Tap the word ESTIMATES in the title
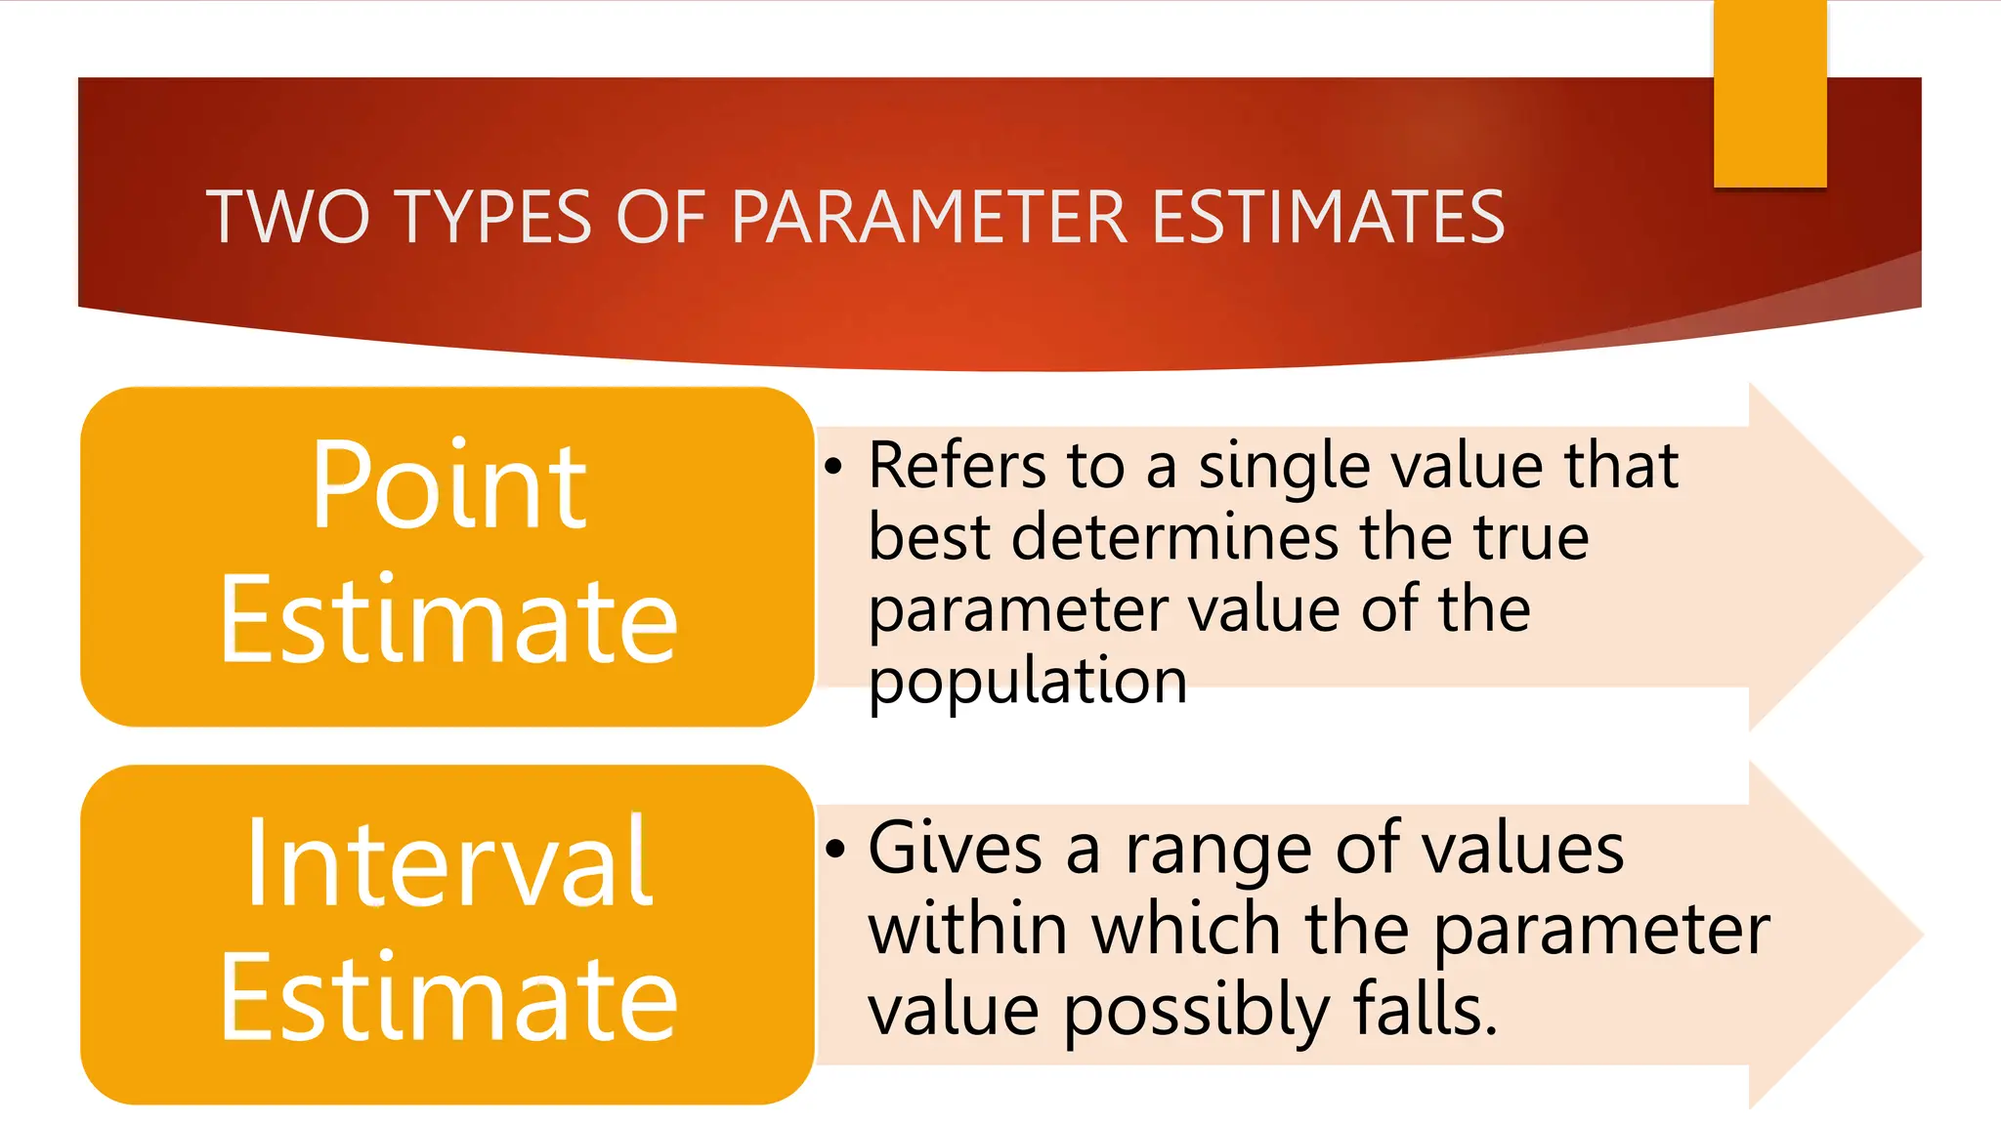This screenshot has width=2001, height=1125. coord(1328,217)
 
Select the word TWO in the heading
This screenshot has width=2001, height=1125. coord(288,217)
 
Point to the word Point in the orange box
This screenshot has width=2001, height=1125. coord(448,485)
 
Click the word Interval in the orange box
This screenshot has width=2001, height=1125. coord(448,863)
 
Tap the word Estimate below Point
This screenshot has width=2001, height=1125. coord(448,620)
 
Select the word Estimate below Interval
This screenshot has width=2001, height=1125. coord(448,998)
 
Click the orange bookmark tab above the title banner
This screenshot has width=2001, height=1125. coord(1769,94)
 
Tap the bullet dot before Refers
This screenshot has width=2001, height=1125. coord(832,467)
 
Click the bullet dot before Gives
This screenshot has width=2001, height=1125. coord(833,849)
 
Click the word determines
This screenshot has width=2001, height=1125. coord(1174,538)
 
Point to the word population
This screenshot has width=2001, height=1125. coord(1028,682)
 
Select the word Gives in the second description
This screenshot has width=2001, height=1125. coord(955,849)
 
